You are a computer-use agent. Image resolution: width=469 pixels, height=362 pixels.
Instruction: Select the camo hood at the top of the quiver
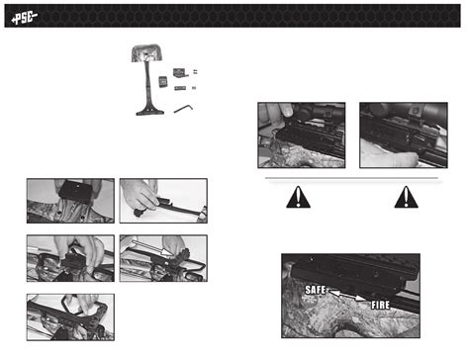(148, 56)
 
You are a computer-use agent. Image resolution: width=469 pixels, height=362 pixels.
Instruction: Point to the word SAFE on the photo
(318, 289)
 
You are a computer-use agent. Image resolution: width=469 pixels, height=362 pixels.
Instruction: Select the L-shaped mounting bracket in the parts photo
(180, 72)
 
